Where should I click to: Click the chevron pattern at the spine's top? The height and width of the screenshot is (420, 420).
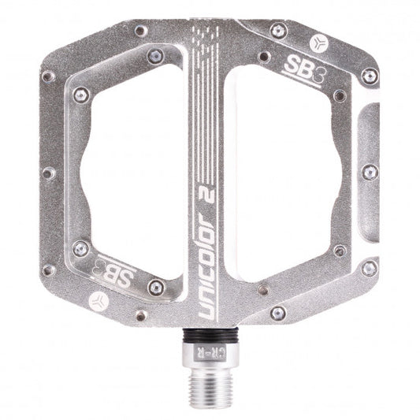coord(206,35)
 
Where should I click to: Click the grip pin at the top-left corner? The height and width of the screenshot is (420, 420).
coord(140,31)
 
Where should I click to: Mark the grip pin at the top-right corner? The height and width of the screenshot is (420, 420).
coord(277,30)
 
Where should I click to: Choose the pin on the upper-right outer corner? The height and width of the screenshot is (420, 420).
coord(368,76)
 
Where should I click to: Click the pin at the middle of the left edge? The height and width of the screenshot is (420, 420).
coord(49,173)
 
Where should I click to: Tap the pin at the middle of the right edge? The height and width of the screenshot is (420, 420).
coord(368,171)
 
